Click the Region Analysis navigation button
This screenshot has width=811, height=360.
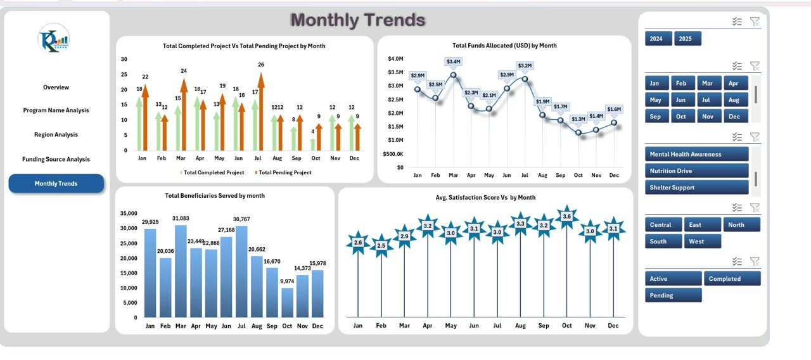coord(56,134)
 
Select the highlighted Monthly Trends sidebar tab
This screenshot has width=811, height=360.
coord(56,183)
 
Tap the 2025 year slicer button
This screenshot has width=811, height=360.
coord(687,39)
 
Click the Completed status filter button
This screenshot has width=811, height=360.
coord(734,279)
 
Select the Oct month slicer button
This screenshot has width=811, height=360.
coord(681,117)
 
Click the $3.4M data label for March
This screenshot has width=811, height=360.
coord(453,61)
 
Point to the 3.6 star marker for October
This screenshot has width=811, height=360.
coord(566,217)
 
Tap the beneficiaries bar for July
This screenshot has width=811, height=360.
coord(241,273)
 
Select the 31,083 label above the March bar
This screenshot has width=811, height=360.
coord(181,219)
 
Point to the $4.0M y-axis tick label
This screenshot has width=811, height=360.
coord(395,58)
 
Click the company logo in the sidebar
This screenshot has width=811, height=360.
coord(54,39)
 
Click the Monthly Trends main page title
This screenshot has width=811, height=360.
coord(357,20)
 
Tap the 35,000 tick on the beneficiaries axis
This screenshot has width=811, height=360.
coord(128,214)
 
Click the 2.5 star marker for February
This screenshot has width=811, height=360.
coord(381,246)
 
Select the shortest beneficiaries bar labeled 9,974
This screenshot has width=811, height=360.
coord(287,303)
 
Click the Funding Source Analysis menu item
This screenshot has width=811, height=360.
coord(56,160)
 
